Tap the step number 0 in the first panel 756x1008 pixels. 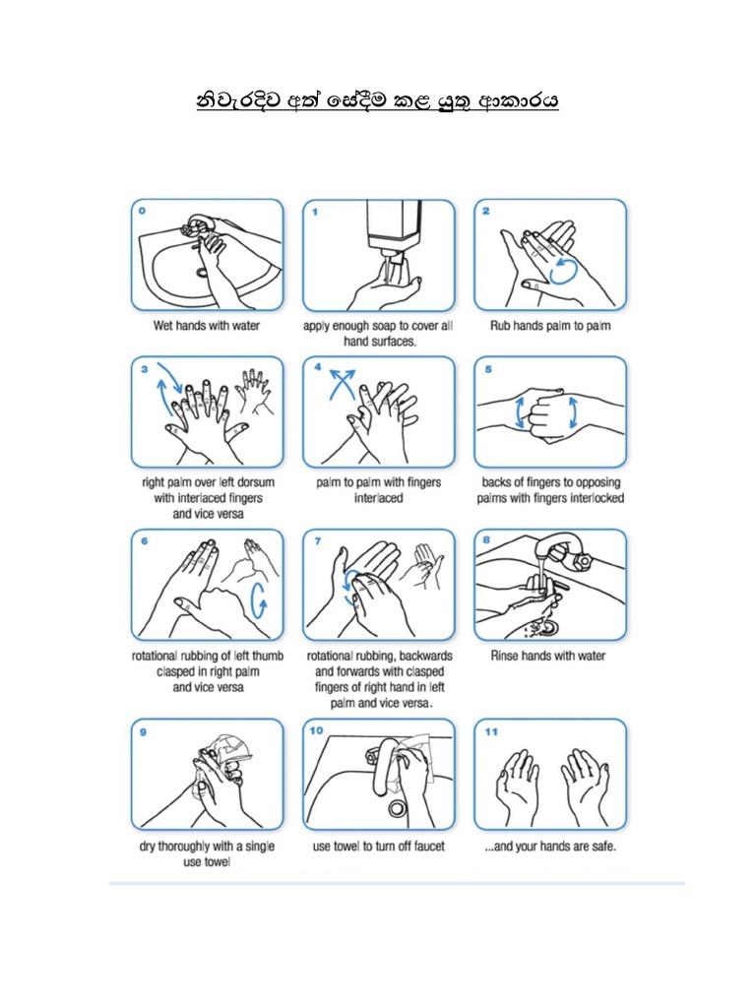[144, 211]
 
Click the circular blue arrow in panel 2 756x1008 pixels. [565, 271]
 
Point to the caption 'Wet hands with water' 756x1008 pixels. [207, 326]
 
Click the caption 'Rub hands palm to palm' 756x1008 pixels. [550, 326]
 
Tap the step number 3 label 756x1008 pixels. [144, 369]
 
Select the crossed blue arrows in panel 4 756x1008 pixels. [340, 383]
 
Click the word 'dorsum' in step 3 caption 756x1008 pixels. [252, 483]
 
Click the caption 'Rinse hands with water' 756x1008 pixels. [548, 657]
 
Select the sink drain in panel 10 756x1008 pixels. [398, 808]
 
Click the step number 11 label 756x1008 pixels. [489, 731]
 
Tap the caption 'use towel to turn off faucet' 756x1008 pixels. [379, 847]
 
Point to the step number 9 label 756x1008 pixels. [144, 731]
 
